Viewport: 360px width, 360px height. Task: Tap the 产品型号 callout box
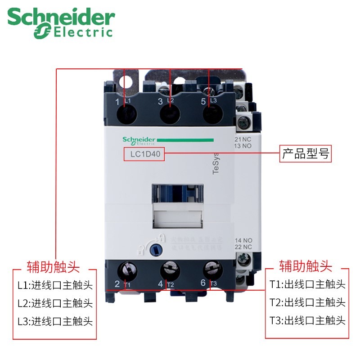click(x=306, y=154)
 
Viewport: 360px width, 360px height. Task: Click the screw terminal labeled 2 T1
click(x=127, y=272)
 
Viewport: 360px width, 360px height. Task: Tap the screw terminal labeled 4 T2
click(x=168, y=272)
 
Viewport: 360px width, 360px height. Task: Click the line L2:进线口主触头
click(x=55, y=303)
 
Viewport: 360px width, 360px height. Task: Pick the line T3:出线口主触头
click(x=307, y=320)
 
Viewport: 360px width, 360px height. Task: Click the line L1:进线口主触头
click(x=55, y=285)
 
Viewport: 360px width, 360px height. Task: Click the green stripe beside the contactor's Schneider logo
click(x=184, y=140)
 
